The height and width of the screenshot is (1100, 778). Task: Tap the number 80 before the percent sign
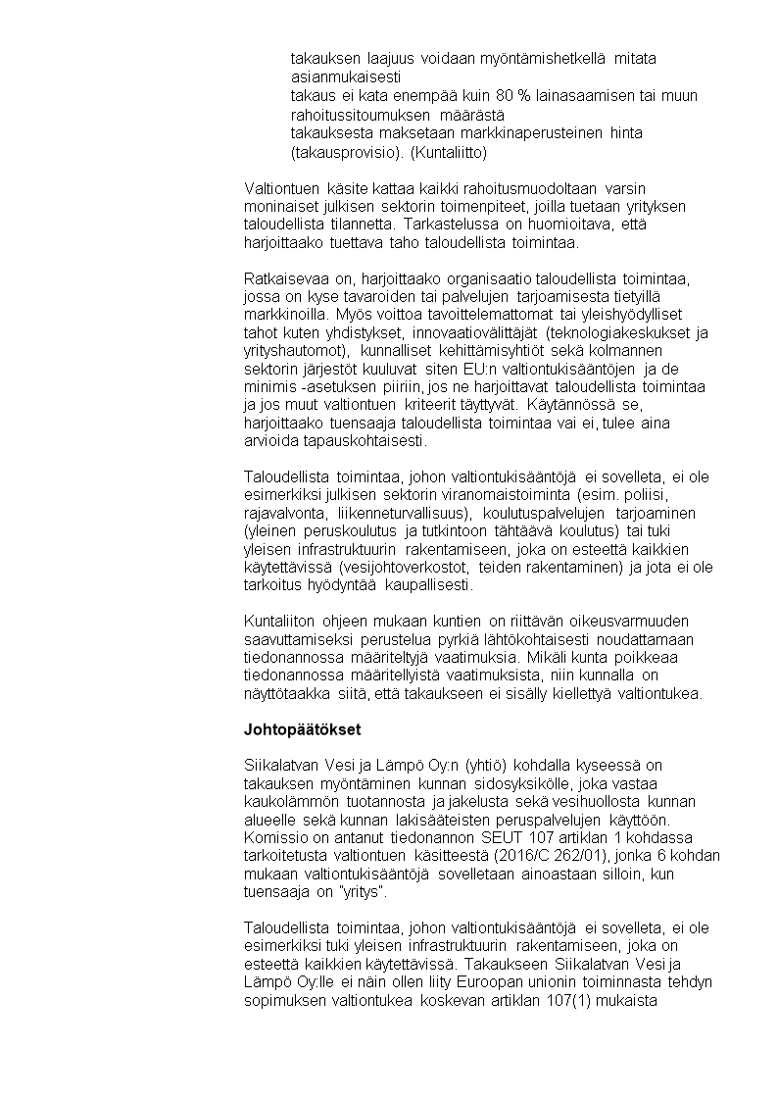(506, 96)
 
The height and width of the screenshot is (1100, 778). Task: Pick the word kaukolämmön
(289, 801)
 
